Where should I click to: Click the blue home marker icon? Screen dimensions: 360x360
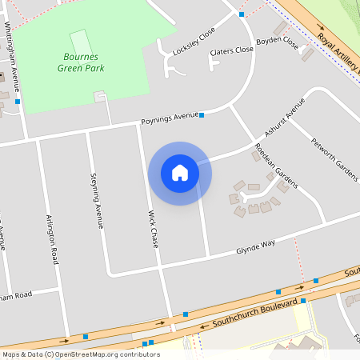180,173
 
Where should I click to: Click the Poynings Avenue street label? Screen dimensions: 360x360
169,118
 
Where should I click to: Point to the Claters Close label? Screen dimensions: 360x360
231,52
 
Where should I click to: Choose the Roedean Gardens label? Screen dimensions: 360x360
274,167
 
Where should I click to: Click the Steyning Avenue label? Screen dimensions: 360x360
98,200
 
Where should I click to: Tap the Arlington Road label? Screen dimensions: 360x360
54,240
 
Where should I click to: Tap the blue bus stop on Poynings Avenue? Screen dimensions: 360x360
202,115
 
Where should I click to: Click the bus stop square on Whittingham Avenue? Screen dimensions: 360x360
18,102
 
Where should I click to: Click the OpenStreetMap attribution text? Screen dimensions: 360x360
80,354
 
